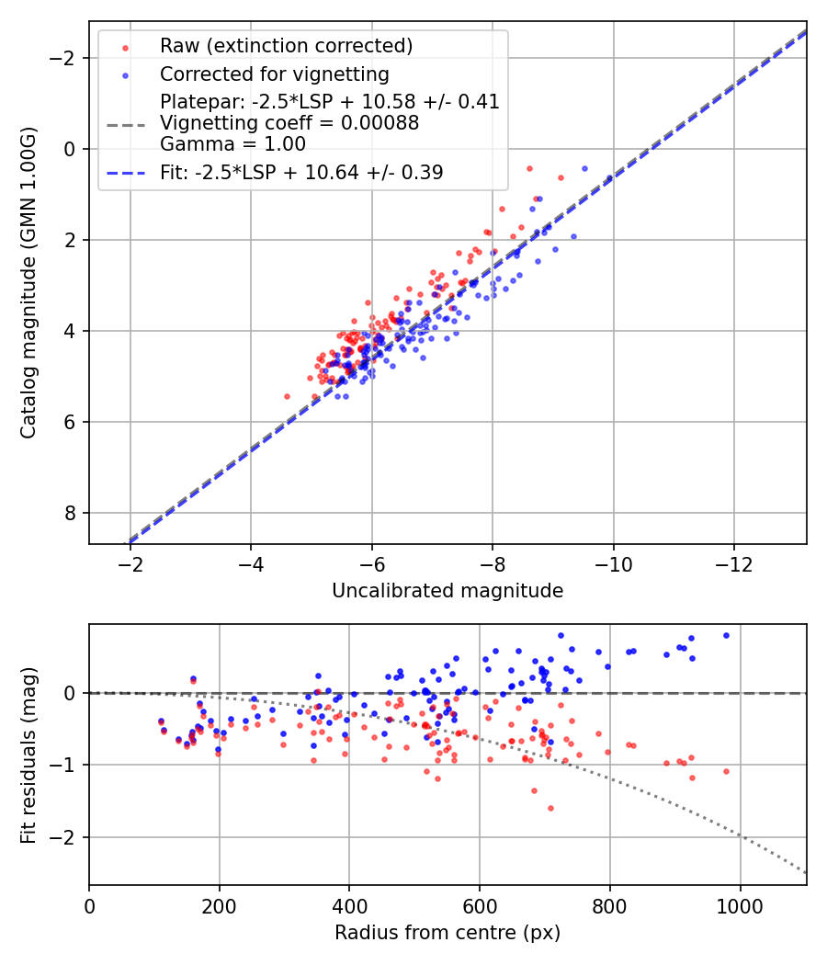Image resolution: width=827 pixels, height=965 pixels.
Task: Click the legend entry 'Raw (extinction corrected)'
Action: pos(286,46)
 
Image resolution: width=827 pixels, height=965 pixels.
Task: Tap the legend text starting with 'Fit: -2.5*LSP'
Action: pos(301,172)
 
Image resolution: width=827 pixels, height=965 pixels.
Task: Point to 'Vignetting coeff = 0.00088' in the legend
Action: pos(289,122)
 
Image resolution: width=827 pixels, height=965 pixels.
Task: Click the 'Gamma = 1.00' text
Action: pos(232,143)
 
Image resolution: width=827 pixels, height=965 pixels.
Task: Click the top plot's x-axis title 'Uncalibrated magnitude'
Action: pos(447,591)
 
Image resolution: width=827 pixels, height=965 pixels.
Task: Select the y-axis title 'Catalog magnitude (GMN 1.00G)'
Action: pos(28,282)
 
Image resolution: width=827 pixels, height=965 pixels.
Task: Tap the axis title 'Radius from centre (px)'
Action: pos(447,933)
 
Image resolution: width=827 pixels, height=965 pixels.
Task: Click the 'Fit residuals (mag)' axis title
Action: pos(28,754)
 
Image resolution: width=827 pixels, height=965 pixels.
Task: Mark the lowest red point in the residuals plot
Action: pos(550,808)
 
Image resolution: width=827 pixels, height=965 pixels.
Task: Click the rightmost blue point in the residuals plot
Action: pos(726,635)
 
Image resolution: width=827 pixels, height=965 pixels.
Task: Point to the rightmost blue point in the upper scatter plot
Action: pos(584,168)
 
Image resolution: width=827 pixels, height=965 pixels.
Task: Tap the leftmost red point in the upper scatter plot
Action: pos(287,396)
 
